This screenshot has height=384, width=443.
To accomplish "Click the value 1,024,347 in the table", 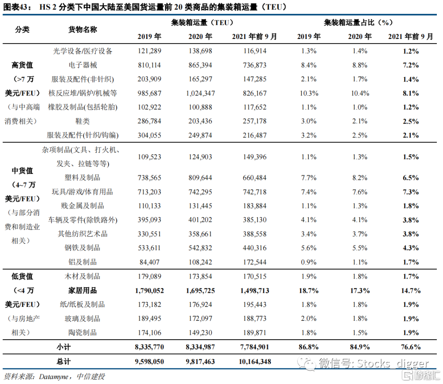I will (x=200, y=93).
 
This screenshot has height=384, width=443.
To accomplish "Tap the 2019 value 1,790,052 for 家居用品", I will (x=149, y=290).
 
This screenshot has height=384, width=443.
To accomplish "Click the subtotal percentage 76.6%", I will (x=410, y=347).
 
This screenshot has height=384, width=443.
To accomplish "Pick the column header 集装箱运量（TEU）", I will (x=202, y=23).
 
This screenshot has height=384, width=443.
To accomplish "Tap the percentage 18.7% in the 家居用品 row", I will (x=308, y=290).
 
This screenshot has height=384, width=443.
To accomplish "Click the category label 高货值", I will (x=23, y=65).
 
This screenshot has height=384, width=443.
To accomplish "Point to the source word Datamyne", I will (x=55, y=376).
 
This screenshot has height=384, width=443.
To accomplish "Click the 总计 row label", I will (x=64, y=361).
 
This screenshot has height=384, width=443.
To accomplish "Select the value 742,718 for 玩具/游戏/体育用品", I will (x=254, y=192).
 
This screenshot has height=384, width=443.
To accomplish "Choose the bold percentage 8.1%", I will (x=410, y=93).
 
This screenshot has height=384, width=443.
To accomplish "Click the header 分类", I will (x=23, y=30).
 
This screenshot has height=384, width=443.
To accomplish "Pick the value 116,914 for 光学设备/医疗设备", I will (x=254, y=51).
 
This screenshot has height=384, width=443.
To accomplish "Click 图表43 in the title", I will (x=16, y=7).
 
